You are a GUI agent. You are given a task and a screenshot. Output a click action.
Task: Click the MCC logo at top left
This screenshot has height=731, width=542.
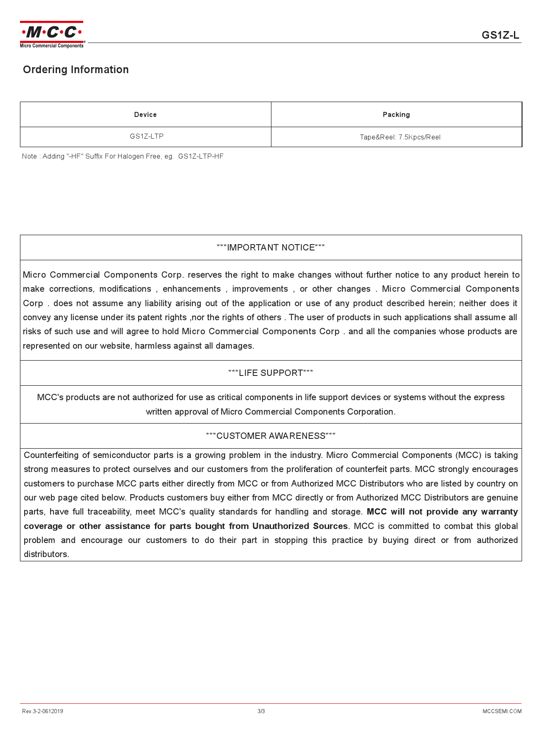pyautogui.click(x=52, y=34)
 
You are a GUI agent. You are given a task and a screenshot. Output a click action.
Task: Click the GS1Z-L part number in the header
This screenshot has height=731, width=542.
pyautogui.click(x=500, y=35)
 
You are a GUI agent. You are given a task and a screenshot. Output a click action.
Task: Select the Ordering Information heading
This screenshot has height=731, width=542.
pyautogui.click(x=76, y=70)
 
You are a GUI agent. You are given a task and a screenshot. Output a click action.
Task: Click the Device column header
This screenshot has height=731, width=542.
pyautogui.click(x=145, y=115)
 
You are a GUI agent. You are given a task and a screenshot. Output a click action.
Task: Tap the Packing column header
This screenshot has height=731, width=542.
pyautogui.click(x=396, y=115)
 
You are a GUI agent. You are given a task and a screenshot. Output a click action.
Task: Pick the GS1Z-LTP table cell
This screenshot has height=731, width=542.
pyautogui.click(x=147, y=137)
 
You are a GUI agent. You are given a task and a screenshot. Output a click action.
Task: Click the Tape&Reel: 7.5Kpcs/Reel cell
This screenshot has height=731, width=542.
pyautogui.click(x=400, y=137)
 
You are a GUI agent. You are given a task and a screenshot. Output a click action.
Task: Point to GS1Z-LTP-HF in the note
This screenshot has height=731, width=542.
pyautogui.click(x=200, y=156)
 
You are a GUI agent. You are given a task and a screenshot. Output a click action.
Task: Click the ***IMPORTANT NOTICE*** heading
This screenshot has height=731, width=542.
pyautogui.click(x=271, y=247)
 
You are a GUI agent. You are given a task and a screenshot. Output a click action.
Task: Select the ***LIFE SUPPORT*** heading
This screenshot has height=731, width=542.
pyautogui.click(x=271, y=373)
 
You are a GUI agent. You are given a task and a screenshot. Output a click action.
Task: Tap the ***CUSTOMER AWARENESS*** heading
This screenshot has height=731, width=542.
pyautogui.click(x=271, y=436)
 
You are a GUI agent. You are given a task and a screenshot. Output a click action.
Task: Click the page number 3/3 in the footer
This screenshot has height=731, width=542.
pyautogui.click(x=261, y=711)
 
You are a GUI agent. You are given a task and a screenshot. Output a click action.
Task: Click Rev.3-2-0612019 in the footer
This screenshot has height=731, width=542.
pyautogui.click(x=42, y=711)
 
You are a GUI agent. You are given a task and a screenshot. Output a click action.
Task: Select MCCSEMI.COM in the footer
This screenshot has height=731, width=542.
pyautogui.click(x=502, y=711)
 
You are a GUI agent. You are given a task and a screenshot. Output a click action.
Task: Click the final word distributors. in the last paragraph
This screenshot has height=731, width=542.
pyautogui.click(x=46, y=555)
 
